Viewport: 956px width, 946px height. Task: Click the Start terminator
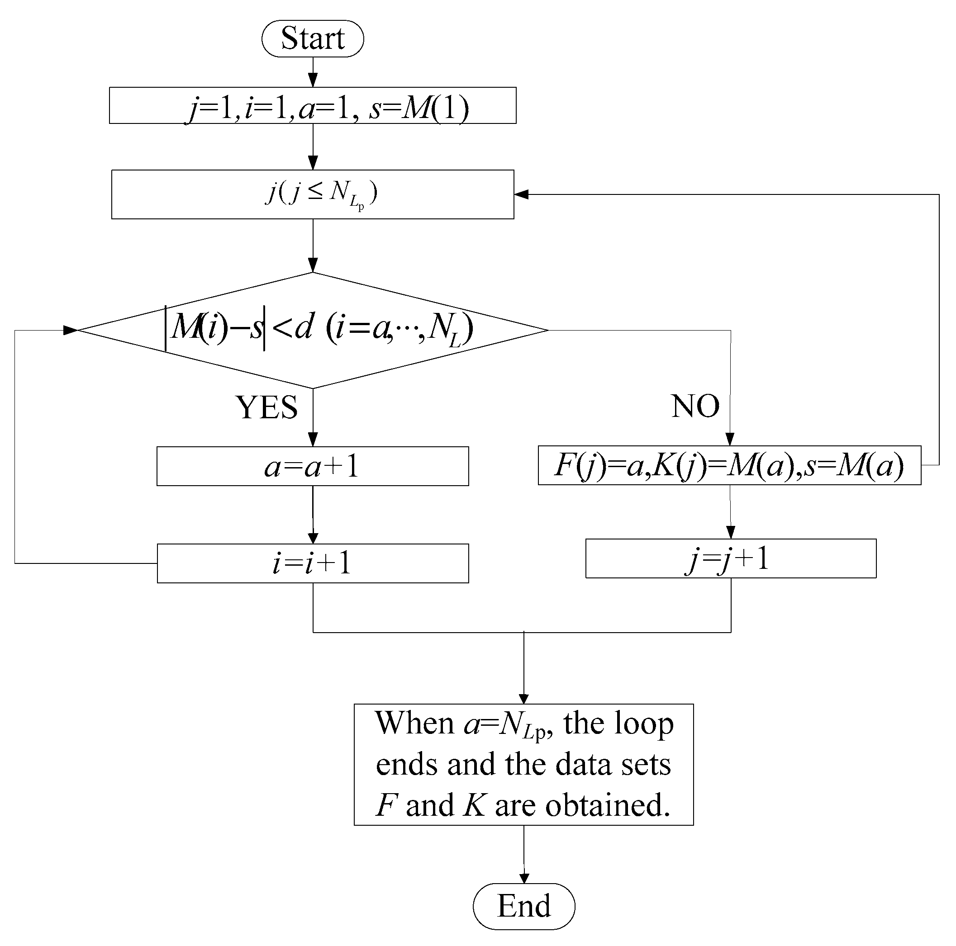click(x=312, y=38)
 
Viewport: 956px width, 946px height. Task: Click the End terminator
click(x=523, y=906)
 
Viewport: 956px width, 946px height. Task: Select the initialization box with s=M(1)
click(x=312, y=105)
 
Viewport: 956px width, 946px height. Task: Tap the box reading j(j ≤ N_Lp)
click(x=312, y=194)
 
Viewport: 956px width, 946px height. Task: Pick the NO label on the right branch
click(x=695, y=406)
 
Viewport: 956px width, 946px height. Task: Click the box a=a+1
click(x=312, y=466)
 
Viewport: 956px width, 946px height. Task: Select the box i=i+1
click(x=312, y=563)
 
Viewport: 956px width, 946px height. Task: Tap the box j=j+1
click(x=730, y=558)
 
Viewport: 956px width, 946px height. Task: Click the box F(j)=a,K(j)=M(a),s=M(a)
click(x=729, y=465)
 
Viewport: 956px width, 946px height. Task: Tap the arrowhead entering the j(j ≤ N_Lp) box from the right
click(x=522, y=194)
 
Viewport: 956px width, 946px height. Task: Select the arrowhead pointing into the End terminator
click(x=524, y=878)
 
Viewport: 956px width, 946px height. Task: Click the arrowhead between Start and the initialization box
click(x=313, y=80)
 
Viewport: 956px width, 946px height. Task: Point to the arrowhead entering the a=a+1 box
click(x=313, y=440)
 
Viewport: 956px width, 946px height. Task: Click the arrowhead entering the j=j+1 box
click(x=730, y=533)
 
